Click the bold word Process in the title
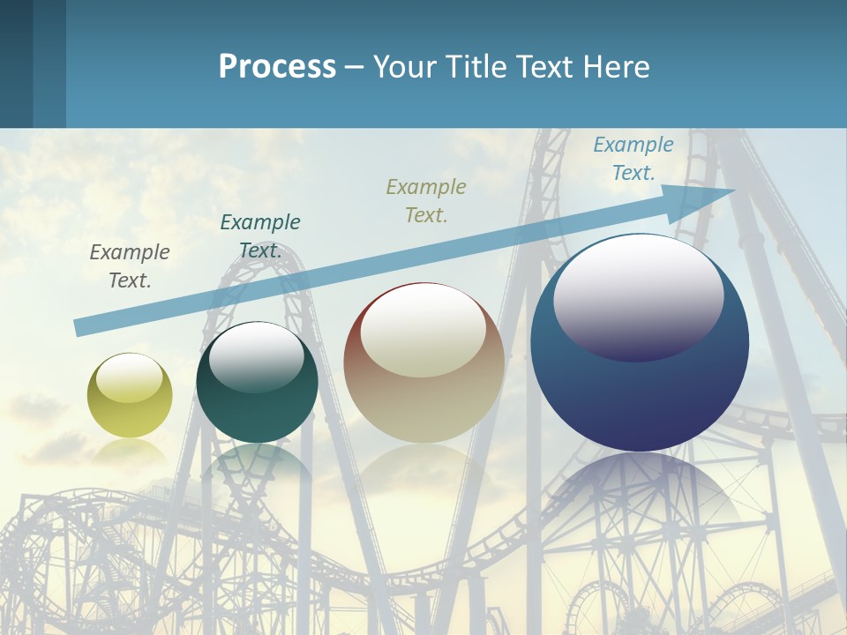pyautogui.click(x=277, y=67)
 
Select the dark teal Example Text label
pyautogui.click(x=260, y=236)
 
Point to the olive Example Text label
pyautogui.click(x=426, y=200)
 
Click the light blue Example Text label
pyautogui.click(x=633, y=159)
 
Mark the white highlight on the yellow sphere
pyautogui.click(x=130, y=378)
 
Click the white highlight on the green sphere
pyautogui.click(x=257, y=356)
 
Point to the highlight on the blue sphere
pyautogui.click(x=639, y=296)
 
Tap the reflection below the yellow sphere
pyautogui.click(x=130, y=450)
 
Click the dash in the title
pyautogui.click(x=355, y=67)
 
